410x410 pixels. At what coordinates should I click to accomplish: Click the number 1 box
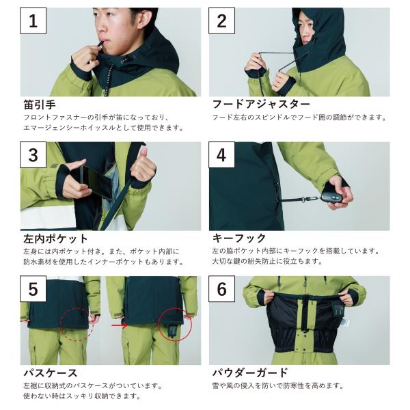point(33,21)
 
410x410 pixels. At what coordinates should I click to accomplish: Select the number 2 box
point(221,21)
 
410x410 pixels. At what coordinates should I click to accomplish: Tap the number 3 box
point(33,155)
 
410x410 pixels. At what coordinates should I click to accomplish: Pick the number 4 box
point(221,155)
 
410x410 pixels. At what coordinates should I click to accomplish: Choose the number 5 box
point(33,289)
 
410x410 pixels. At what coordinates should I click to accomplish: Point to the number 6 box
point(221,289)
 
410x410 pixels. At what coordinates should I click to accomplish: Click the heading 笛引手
point(40,105)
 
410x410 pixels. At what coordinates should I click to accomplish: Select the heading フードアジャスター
point(261,104)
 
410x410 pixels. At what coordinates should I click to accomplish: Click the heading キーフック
point(239,238)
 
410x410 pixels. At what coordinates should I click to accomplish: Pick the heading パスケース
point(50,373)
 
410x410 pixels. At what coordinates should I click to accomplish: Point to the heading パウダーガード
point(250,372)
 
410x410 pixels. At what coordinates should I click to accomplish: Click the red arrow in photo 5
point(119,325)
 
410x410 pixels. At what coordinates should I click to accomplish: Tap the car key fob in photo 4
point(331,196)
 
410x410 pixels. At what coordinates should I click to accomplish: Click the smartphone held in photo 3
point(97,181)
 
